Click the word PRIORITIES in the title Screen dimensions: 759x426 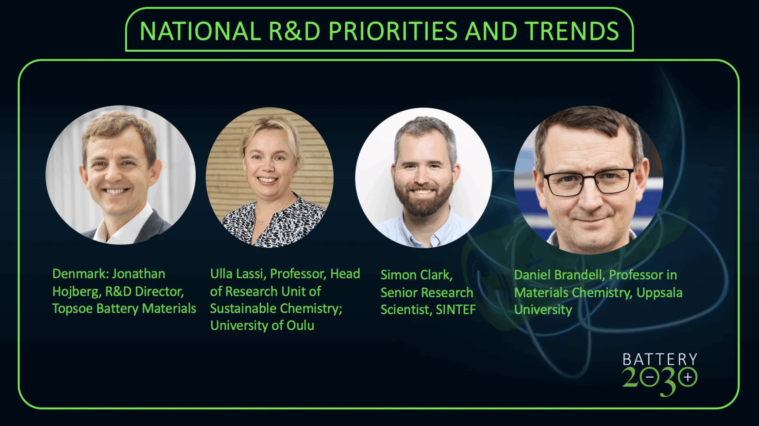[x=393, y=31]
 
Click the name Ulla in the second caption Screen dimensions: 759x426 [x=221, y=273]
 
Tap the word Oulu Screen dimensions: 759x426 [x=300, y=325]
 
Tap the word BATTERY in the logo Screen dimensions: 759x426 [x=660, y=359]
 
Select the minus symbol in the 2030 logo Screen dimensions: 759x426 [x=649, y=377]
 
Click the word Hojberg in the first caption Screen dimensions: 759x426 [x=77, y=292]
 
